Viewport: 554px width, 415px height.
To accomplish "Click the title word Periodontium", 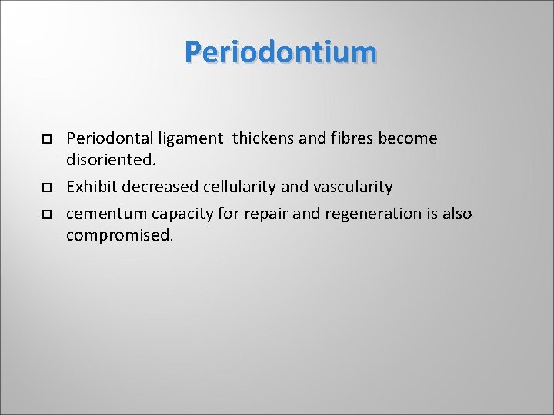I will [281, 52].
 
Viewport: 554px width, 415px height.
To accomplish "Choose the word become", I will [408, 138].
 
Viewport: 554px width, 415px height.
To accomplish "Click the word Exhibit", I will [92, 187].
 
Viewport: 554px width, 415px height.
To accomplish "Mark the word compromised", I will [120, 236].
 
